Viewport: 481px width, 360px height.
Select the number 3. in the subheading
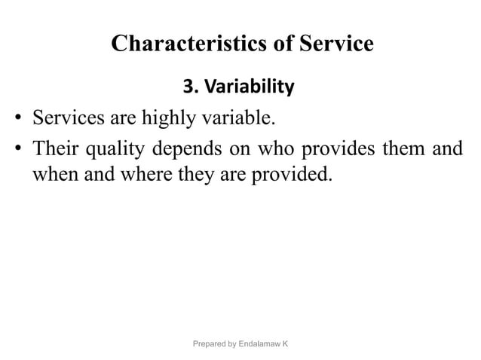coord(190,88)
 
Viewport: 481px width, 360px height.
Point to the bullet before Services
coord(17,119)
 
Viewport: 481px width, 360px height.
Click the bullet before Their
coord(17,149)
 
